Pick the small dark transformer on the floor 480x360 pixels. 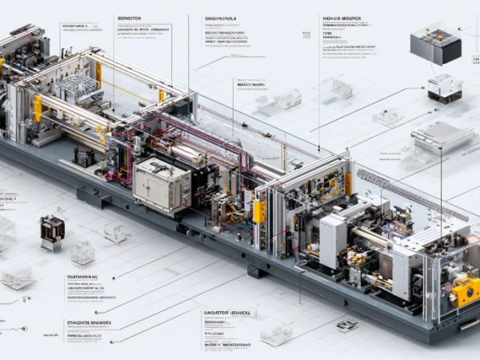(x=52, y=228)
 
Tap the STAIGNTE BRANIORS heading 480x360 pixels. (x=88, y=322)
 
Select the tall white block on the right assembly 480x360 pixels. (x=333, y=240)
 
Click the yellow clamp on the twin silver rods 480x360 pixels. (x=38, y=108)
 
